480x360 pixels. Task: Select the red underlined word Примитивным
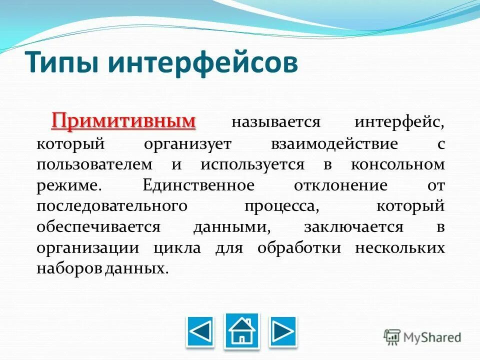(123, 121)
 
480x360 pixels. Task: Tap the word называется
(275, 123)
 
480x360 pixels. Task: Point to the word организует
(187, 144)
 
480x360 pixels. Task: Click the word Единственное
(198, 185)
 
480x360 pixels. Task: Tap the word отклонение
(341, 185)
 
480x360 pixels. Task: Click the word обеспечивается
(98, 227)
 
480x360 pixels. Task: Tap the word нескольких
(399, 247)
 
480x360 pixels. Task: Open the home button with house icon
(242, 330)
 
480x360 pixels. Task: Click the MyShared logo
(422, 336)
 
